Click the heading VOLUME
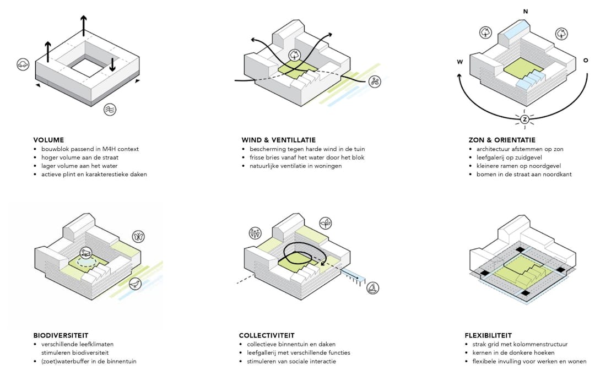pos(48,140)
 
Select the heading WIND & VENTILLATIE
pos(278,140)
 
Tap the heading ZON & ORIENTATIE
pos(502,140)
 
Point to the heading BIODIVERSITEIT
pos(61,335)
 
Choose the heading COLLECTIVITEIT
pos(267,335)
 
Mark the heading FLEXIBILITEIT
pos(488,335)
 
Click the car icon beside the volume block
pos(23,64)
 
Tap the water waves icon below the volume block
pos(110,110)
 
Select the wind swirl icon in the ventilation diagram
pos(375,81)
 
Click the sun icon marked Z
pos(524,119)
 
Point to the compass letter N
pos(525,12)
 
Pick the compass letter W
pos(459,62)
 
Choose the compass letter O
pos(586,61)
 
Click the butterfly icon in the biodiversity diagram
pos(138,237)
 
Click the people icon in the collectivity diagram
pos(255,232)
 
